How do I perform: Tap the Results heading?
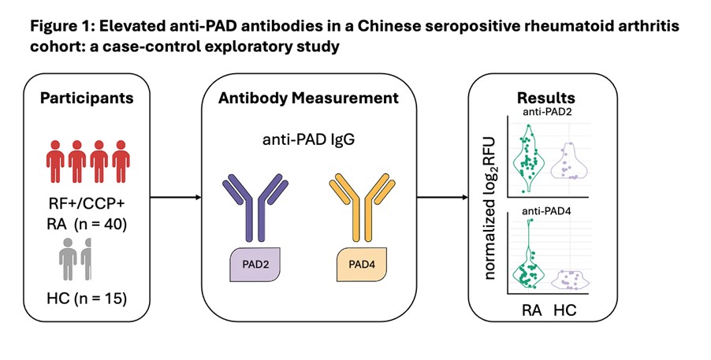[545, 98]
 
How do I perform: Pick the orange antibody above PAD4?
[366, 206]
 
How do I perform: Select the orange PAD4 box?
[366, 262]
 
